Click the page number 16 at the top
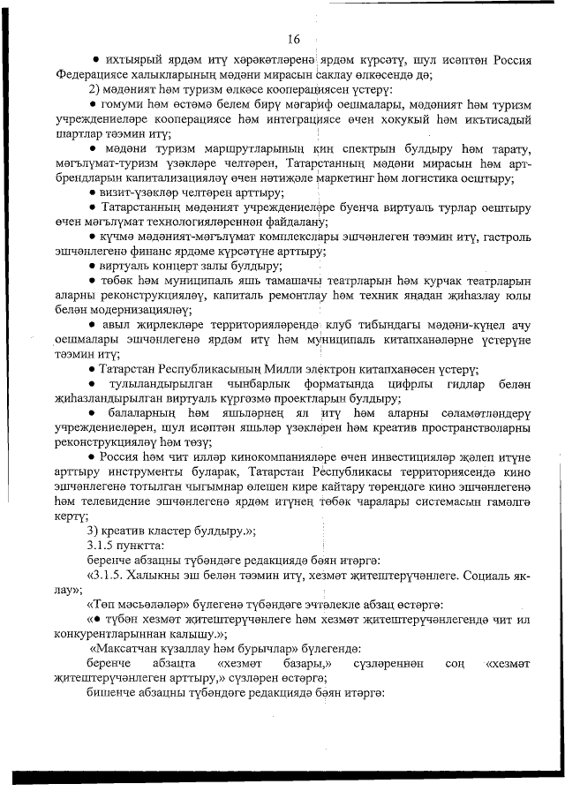pos(294,39)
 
